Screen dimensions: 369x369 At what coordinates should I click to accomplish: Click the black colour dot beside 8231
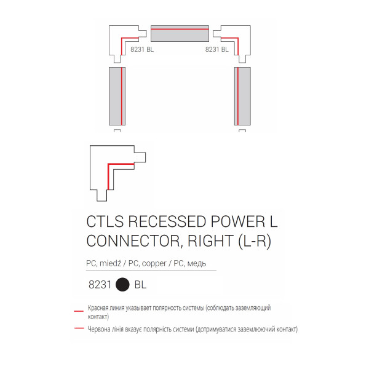click(122, 284)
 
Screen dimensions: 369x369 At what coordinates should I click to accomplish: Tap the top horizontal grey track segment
click(180, 33)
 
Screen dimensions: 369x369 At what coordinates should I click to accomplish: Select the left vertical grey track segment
click(117, 96)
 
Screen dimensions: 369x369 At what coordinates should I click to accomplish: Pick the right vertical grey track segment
click(242, 96)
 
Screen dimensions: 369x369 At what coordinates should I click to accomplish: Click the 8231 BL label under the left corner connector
click(142, 49)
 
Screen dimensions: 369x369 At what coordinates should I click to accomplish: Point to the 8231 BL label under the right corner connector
click(216, 49)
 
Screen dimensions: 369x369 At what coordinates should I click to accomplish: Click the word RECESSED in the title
click(167, 221)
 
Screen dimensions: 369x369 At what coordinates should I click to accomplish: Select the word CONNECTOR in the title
click(133, 241)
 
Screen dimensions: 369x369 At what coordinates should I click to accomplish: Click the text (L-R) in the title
click(255, 242)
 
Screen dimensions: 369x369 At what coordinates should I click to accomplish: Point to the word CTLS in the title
click(105, 221)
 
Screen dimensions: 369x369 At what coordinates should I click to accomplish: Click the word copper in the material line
click(154, 264)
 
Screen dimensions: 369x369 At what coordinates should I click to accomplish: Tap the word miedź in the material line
click(110, 263)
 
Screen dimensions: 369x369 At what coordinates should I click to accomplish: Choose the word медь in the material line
click(197, 263)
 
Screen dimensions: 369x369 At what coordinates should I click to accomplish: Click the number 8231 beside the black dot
click(100, 285)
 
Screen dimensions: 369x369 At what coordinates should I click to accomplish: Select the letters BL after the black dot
click(140, 285)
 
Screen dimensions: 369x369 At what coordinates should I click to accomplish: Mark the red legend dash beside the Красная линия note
click(79, 311)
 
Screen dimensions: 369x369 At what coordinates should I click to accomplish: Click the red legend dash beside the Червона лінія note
click(79, 328)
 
